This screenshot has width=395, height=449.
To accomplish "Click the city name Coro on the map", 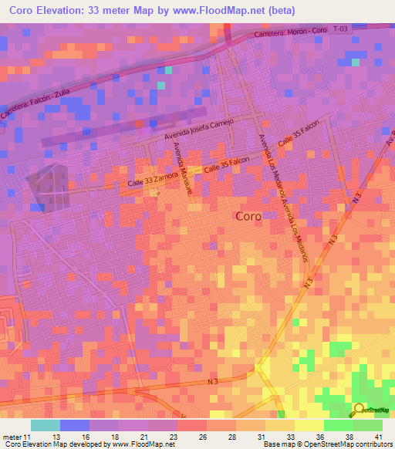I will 248,217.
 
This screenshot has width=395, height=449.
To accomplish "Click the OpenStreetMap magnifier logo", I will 359,411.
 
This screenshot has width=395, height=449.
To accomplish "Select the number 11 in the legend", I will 28,437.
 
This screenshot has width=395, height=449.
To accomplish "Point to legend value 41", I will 378,437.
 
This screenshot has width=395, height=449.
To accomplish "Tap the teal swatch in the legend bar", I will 45,425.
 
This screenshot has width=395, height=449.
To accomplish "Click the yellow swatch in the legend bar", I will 309,425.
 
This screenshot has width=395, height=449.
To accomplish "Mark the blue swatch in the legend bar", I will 74,425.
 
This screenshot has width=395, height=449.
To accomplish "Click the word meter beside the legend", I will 12,437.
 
